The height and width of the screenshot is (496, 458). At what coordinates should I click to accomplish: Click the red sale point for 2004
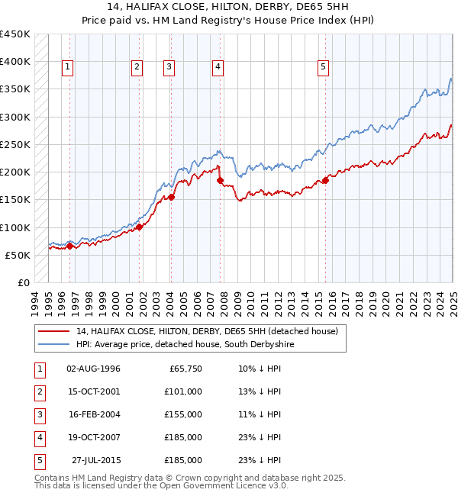(x=171, y=197)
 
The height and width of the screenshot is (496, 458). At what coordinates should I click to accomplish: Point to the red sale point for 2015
(x=325, y=180)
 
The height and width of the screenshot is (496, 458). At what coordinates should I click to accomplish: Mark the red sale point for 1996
(x=69, y=246)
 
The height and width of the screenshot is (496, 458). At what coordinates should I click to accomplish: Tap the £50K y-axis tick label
(x=18, y=255)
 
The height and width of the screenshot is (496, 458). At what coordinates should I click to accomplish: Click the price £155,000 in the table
(x=183, y=414)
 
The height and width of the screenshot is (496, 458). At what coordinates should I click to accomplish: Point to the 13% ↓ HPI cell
(x=260, y=391)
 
